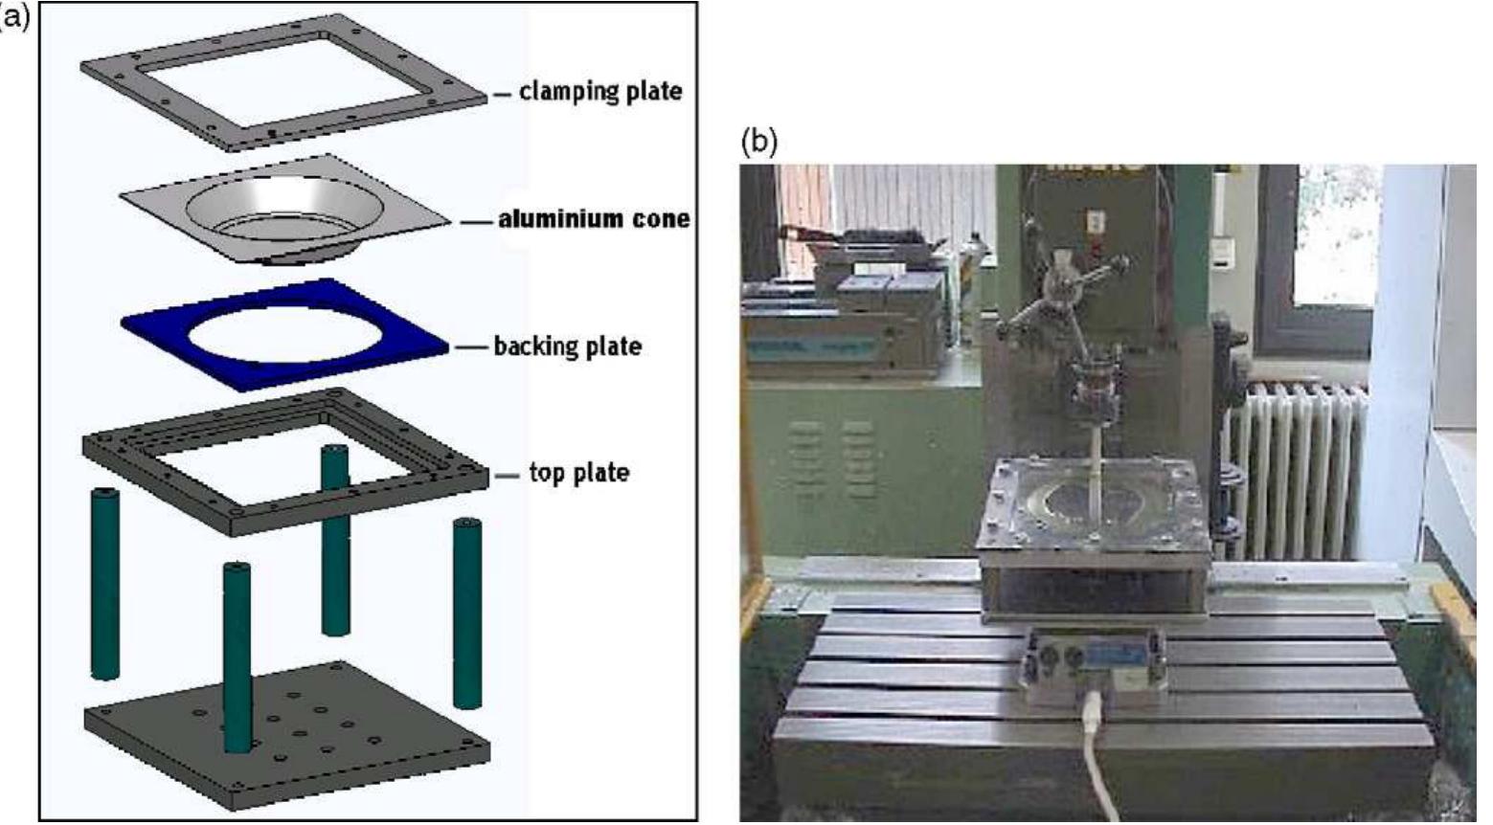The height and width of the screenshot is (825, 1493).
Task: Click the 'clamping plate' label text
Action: coord(600,92)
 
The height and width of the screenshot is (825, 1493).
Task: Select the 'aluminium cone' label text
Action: coord(593,219)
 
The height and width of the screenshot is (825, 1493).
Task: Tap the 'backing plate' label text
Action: coord(567,346)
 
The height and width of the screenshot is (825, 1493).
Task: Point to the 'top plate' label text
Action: coord(578,473)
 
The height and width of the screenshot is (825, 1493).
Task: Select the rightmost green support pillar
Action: coord(466,613)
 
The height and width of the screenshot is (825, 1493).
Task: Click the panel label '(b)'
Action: coord(759,142)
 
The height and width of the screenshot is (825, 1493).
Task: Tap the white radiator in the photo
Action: coord(1298,469)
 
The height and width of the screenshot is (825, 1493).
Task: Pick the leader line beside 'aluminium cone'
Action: coord(476,221)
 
